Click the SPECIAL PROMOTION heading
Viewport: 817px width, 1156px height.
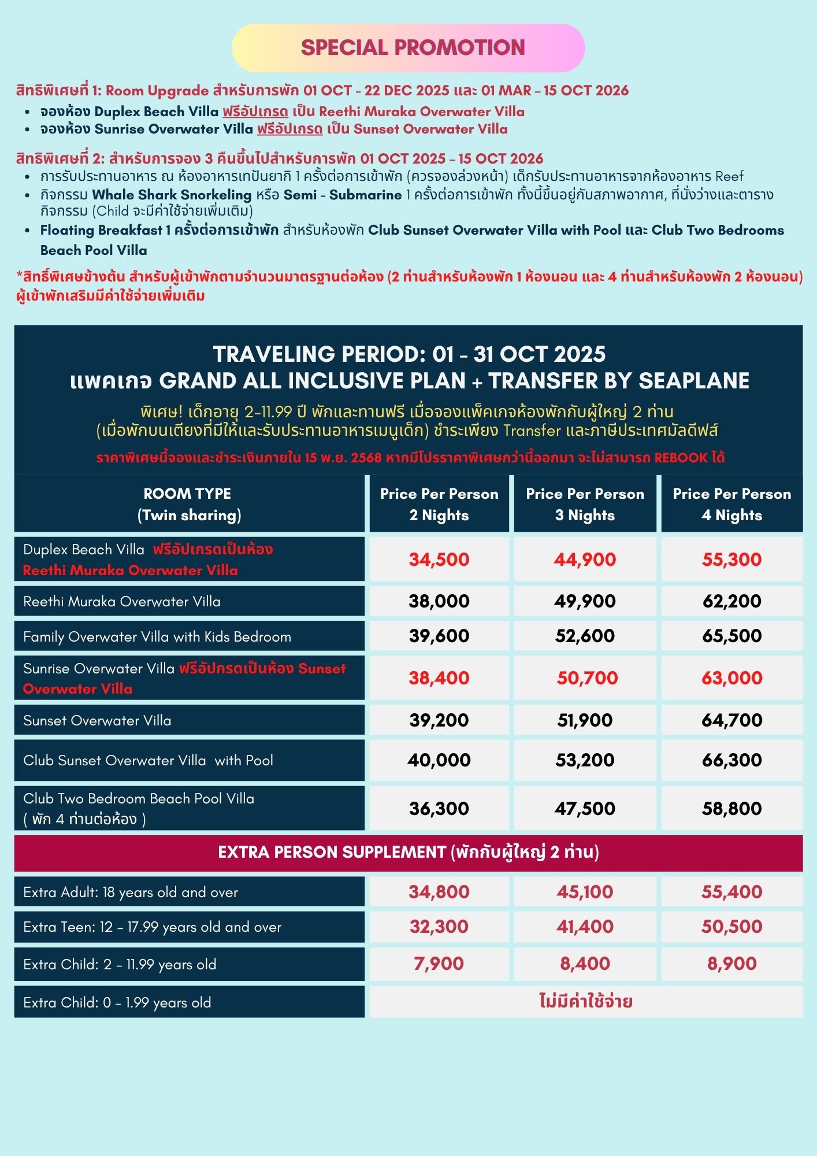point(413,47)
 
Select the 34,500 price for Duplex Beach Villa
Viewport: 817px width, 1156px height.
point(439,560)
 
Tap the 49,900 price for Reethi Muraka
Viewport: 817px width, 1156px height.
point(585,601)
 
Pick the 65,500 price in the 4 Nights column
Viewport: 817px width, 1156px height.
point(731,636)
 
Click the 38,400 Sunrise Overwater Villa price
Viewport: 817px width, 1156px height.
point(439,678)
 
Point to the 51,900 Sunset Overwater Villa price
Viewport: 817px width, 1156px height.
point(585,720)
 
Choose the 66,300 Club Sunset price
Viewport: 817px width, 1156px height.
point(731,760)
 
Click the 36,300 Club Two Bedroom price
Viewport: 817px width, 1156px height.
point(439,809)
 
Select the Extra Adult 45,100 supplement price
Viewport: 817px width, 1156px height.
point(585,892)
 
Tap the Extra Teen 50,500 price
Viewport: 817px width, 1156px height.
point(731,927)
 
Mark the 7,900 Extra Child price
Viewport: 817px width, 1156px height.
point(439,964)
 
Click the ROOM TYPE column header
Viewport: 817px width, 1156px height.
point(188,504)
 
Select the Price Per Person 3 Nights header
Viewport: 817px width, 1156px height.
point(585,504)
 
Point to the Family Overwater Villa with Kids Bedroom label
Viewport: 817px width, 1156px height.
point(157,636)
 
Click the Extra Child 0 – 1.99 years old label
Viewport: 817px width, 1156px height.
point(117,1002)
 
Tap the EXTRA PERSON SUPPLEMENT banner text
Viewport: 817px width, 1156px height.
point(408,852)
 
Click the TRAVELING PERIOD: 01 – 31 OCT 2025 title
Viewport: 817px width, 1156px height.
point(409,354)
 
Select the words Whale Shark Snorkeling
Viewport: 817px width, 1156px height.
point(172,195)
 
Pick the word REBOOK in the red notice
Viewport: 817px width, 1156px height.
point(681,458)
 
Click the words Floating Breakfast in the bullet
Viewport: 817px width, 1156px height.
point(101,230)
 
